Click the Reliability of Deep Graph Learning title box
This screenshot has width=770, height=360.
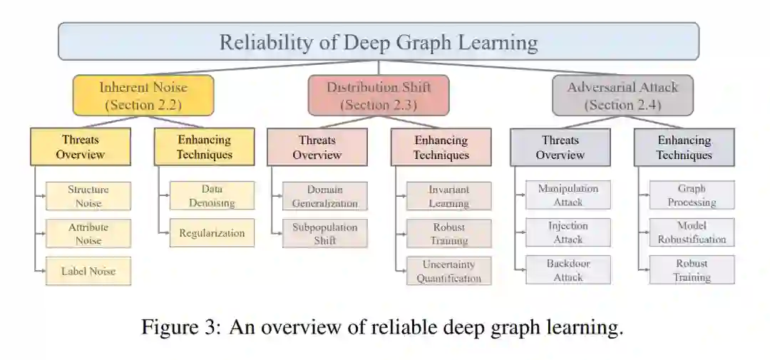tap(378, 41)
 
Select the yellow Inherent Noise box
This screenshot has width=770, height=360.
tap(143, 96)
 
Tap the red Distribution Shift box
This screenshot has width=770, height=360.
tap(379, 96)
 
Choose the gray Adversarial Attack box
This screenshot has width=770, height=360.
tap(622, 96)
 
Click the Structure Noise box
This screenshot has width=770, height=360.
tap(88, 196)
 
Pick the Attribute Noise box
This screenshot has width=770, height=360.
tap(88, 233)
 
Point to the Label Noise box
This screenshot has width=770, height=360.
tap(88, 271)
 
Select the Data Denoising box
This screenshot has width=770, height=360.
tap(212, 196)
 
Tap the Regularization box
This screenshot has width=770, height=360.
tap(212, 233)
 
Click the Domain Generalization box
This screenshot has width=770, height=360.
tap(324, 196)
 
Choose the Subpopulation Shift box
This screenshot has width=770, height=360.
tap(324, 233)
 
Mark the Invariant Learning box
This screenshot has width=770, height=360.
tap(448, 196)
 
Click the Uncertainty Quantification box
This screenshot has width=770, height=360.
tap(448, 271)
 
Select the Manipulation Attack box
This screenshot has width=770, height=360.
tap(568, 195)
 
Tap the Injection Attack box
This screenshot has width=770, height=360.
tap(568, 232)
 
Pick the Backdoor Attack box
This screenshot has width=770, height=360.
tap(568, 270)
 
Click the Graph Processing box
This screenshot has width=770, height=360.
tap(692, 195)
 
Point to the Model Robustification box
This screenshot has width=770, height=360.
tap(692, 232)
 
